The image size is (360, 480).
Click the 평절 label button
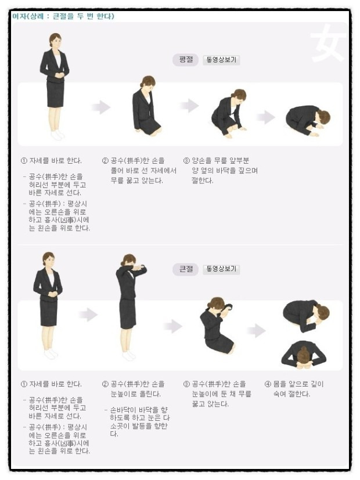[x=185, y=60]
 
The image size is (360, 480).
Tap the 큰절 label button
[x=185, y=269]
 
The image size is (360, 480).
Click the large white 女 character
[x=327, y=42]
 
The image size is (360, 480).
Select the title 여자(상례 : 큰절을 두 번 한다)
[x=63, y=16]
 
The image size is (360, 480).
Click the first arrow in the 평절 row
[x=100, y=107]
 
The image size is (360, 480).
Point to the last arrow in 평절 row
[x=265, y=117]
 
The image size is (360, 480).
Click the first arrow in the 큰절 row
[x=88, y=315]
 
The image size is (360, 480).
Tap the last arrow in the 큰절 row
[x=256, y=331]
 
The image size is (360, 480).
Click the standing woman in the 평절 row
[x=55, y=86]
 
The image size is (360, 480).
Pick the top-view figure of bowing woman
[x=304, y=353]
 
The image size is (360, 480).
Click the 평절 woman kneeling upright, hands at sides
[x=146, y=105]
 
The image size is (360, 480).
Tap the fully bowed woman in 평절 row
[x=308, y=121]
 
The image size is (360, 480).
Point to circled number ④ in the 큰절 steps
[x=268, y=384]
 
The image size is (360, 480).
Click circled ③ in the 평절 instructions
[x=187, y=161]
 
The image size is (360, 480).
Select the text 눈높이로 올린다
[x=136, y=394]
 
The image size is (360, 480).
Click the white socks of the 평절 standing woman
[x=57, y=135]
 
